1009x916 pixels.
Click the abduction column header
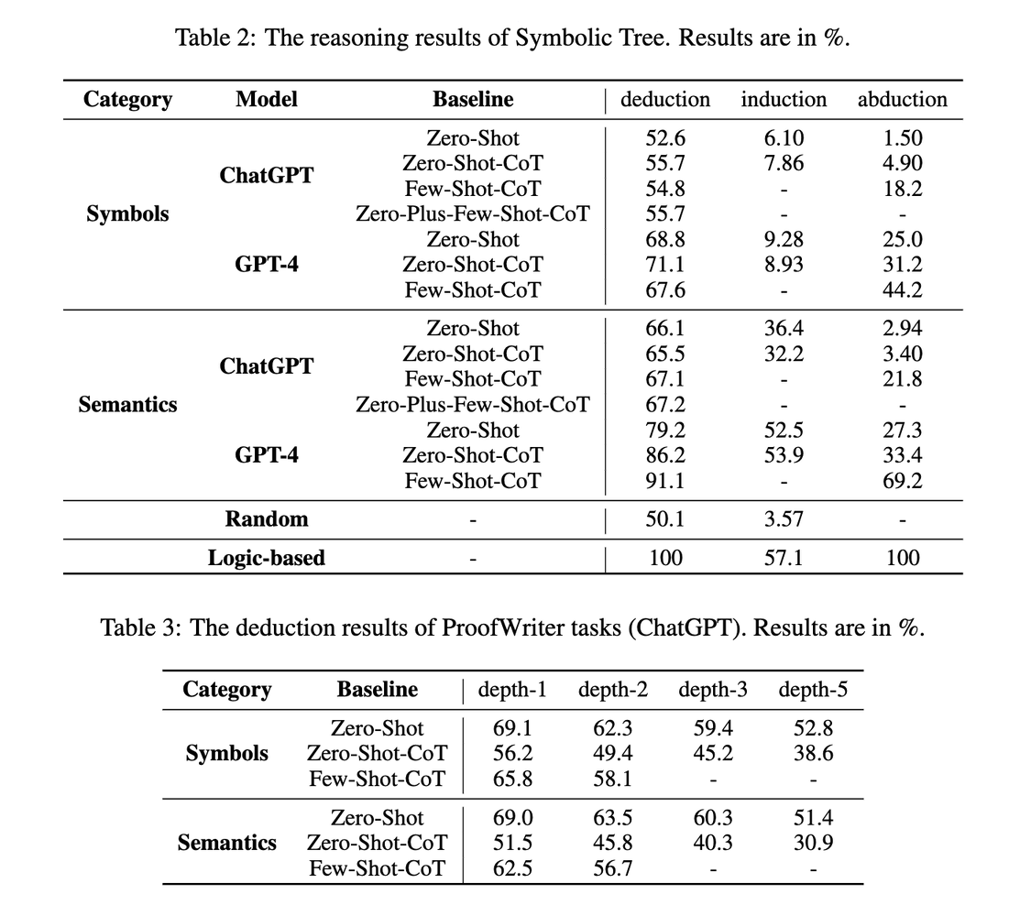point(902,100)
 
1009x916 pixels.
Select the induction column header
point(784,100)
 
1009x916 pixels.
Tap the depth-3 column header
point(712,690)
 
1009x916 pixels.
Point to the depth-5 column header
point(813,690)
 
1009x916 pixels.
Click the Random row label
point(267,519)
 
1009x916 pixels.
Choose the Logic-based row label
point(266,558)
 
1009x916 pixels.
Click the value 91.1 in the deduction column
point(665,481)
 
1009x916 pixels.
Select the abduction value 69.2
point(903,481)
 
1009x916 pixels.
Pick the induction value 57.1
point(784,558)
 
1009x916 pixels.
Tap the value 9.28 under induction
point(784,240)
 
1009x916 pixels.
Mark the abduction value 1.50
point(903,138)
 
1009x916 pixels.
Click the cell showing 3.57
point(784,519)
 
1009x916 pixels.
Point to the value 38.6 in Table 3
point(813,754)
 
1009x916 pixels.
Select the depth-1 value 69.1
point(512,729)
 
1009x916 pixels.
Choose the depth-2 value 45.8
point(612,843)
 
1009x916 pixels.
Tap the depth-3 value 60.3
point(712,818)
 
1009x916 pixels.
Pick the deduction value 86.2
point(665,455)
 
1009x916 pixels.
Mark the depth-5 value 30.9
point(813,843)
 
